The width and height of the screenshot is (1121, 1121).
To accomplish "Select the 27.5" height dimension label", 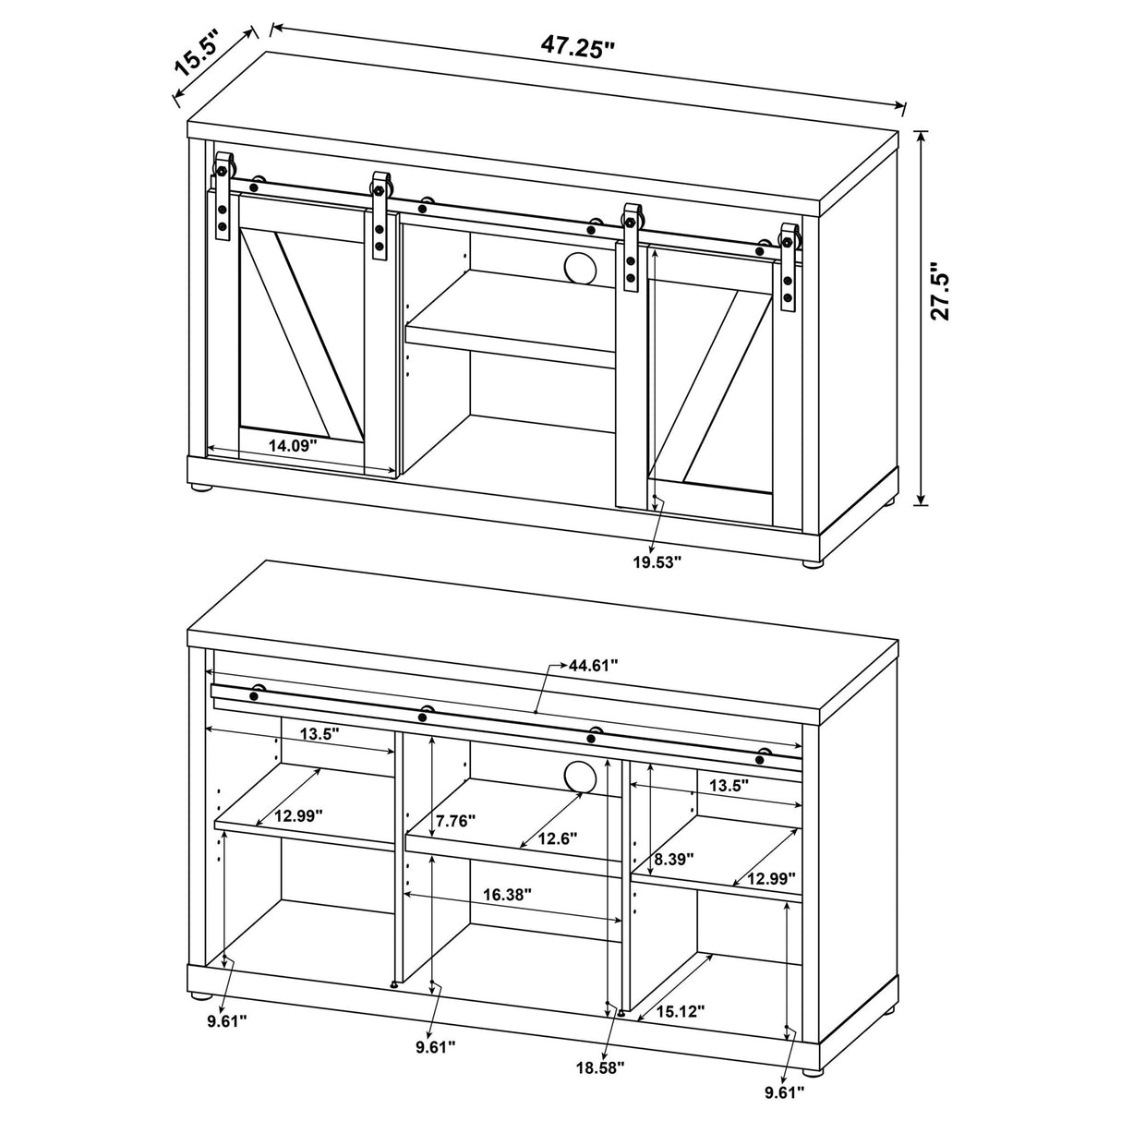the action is [x=939, y=291].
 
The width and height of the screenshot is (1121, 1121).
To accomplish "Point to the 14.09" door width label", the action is [x=293, y=446].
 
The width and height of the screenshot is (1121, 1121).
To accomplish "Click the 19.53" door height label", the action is [x=657, y=562].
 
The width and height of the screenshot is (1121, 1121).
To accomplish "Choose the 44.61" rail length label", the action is [x=593, y=665].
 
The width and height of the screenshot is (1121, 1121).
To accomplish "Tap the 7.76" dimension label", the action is [x=456, y=821].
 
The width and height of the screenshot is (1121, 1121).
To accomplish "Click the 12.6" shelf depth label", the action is [x=557, y=838].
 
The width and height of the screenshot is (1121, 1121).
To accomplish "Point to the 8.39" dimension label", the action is [x=674, y=859].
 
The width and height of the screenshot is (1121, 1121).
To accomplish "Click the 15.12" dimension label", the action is [x=680, y=1011].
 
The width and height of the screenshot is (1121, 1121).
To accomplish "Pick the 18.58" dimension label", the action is [x=600, y=1083].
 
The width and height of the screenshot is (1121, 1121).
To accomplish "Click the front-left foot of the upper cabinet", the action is [x=202, y=490].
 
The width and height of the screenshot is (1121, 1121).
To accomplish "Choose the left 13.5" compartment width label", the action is [x=319, y=733].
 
